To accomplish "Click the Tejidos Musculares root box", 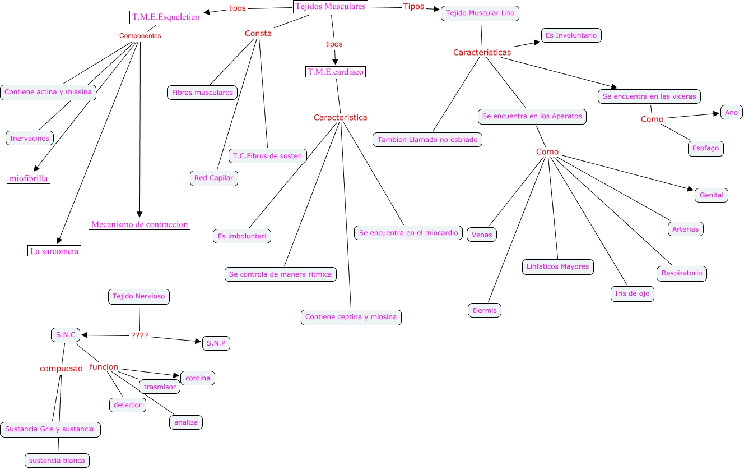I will (x=331, y=7).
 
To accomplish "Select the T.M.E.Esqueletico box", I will (x=166, y=17).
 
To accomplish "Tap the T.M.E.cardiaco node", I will (x=336, y=72).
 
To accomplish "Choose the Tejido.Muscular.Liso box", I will (x=480, y=13).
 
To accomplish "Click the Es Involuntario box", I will (x=571, y=35).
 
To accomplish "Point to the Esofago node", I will (x=705, y=148).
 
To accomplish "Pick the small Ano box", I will (x=731, y=112).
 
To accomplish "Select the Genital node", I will (x=712, y=195).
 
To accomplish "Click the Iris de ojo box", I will (x=632, y=293).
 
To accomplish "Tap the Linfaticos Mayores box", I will (x=557, y=266).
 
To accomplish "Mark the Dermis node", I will (x=485, y=310).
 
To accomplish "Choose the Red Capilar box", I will (x=215, y=178).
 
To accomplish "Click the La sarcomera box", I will (x=55, y=251).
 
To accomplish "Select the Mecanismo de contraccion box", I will (x=139, y=224).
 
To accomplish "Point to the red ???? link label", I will (x=139, y=335).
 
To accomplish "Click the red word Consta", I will (x=258, y=33).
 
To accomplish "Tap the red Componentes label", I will (x=140, y=35).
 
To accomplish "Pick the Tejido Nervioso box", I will (x=138, y=296).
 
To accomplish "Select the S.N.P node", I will (x=216, y=343).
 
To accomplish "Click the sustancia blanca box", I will (x=57, y=461).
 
